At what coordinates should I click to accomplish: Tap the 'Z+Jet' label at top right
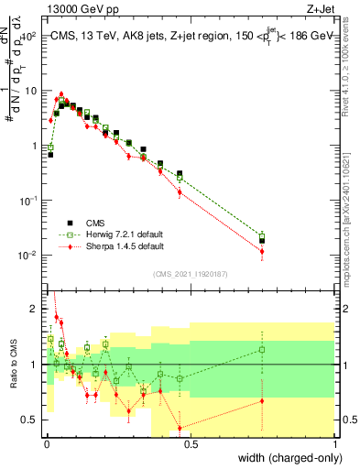click(321, 8)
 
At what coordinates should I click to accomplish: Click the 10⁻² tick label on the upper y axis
click(28, 255)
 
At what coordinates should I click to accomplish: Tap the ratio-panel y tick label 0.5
click(30, 420)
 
